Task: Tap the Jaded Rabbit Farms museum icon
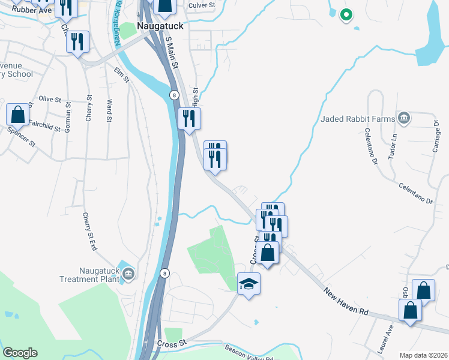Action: pyautogui.click(x=404, y=118)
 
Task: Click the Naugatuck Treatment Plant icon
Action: pyautogui.click(x=128, y=274)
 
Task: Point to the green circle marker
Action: pyautogui.click(x=345, y=15)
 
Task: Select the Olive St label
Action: pyautogui.click(x=50, y=98)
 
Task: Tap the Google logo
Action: pyautogui.click(x=20, y=353)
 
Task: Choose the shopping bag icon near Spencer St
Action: pyautogui.click(x=19, y=115)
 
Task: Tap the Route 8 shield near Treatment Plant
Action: pyautogui.click(x=165, y=273)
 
